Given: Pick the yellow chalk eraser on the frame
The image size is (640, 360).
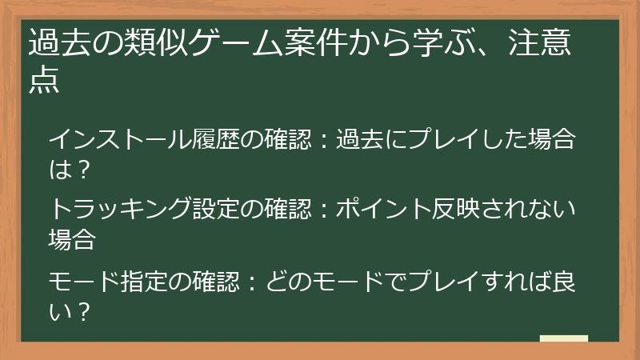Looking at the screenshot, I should (x=564, y=338).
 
